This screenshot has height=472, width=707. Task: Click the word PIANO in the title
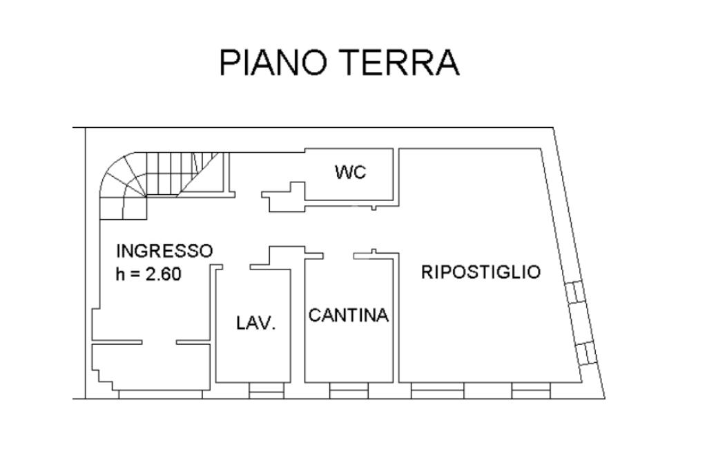(273, 63)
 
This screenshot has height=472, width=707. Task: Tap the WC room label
(351, 171)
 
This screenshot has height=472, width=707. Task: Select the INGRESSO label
(164, 250)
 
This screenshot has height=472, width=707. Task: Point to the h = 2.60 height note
(148, 274)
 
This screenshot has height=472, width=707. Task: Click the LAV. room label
(256, 322)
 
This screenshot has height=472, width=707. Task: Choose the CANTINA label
(349, 316)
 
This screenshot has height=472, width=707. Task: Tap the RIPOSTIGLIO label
(481, 272)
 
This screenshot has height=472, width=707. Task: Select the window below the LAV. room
(267, 392)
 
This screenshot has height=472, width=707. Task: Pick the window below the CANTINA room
(349, 392)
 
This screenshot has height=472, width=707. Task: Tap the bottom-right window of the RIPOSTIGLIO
(531, 392)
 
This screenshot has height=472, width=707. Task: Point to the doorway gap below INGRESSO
(159, 341)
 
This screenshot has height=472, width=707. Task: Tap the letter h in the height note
(121, 274)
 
